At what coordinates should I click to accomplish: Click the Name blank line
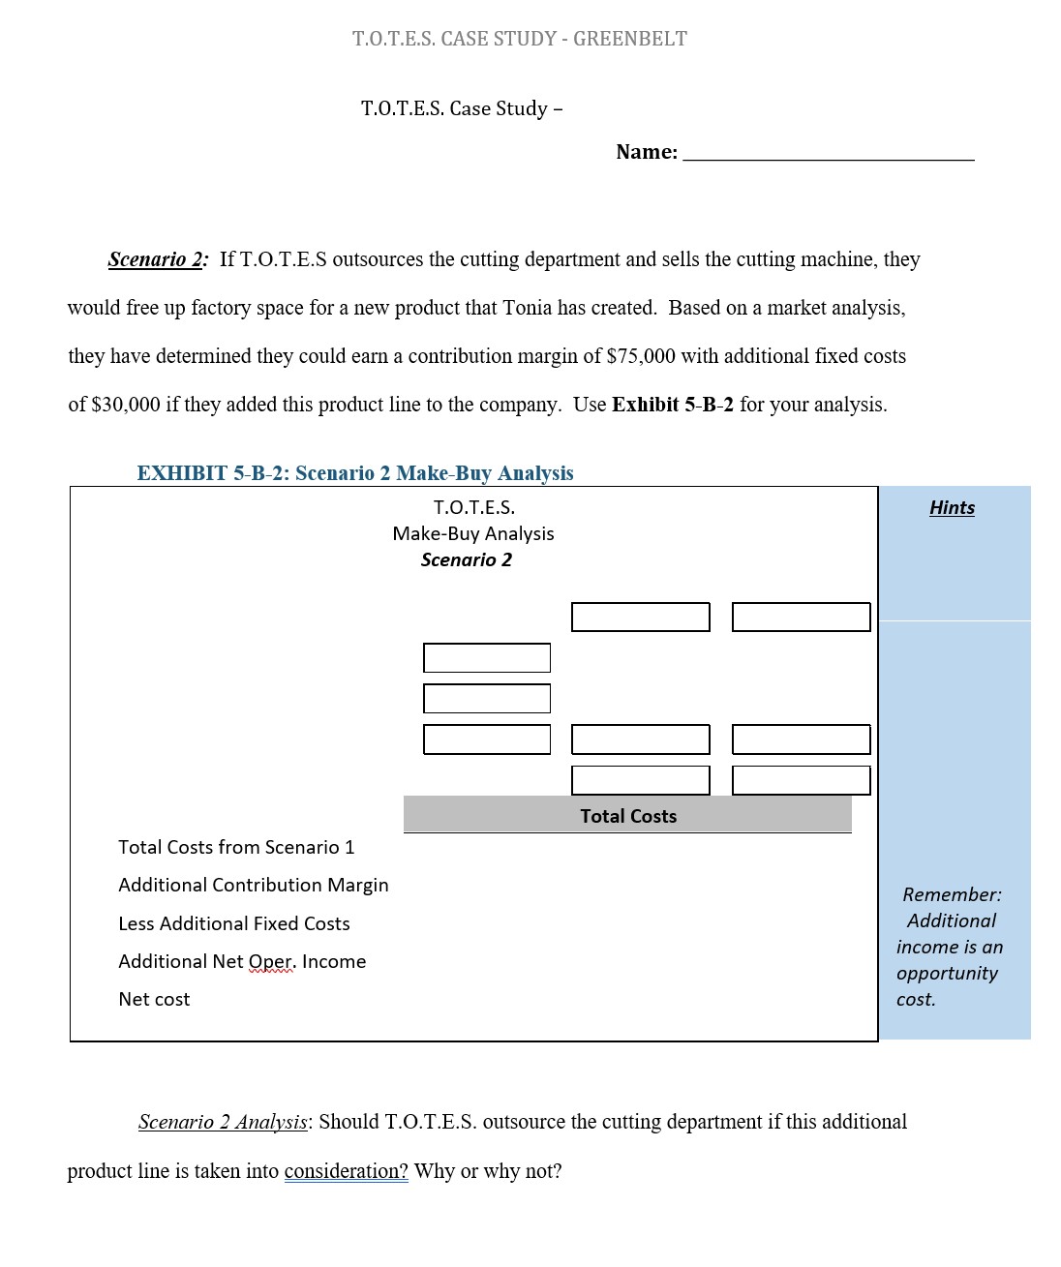[x=829, y=153]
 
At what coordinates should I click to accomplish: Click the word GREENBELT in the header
[x=630, y=39]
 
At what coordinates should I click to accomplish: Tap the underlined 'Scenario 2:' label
[x=158, y=259]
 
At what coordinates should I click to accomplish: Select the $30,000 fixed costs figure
[x=126, y=405]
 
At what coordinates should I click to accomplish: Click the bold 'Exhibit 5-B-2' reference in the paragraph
[x=673, y=405]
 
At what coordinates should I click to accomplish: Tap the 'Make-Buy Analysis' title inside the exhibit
[x=473, y=533]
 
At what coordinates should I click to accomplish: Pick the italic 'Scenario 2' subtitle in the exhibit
[x=467, y=559]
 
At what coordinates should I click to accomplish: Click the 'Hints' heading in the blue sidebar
[x=952, y=508]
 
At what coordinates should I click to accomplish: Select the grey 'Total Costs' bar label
[x=628, y=816]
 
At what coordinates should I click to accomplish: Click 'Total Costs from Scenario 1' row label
[x=236, y=847]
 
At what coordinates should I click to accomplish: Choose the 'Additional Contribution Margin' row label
[x=254, y=885]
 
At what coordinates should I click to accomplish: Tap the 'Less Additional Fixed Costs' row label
[x=234, y=923]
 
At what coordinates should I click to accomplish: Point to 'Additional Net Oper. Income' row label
[x=242, y=961]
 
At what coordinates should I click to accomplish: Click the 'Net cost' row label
[x=154, y=999]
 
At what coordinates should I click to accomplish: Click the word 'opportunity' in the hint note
[x=947, y=973]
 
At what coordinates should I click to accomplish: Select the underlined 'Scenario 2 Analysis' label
[x=223, y=1122]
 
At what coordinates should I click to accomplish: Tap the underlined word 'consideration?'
[x=346, y=1171]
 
